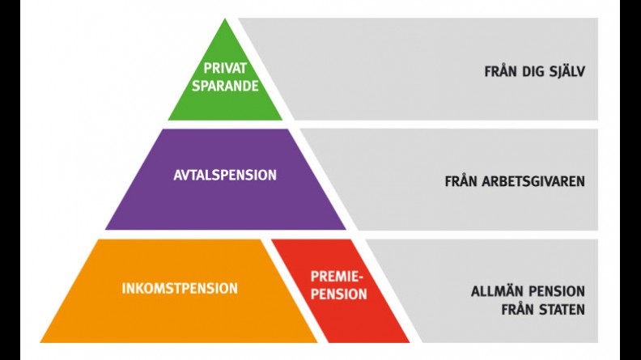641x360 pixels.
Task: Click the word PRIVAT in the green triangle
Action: coord(225,69)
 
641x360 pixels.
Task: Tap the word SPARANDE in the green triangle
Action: coord(225,85)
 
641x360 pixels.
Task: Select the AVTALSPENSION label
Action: coord(225,175)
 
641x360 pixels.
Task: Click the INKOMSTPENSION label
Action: coord(180,288)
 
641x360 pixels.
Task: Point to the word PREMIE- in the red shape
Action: coord(337,277)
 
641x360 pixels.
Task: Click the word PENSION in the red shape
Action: coord(338,294)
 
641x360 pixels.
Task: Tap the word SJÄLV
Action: coord(565,71)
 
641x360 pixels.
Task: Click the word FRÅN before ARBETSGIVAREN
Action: coord(461,181)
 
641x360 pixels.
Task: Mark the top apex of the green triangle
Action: coord(225,20)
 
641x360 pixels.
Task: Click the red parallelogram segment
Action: coord(340,316)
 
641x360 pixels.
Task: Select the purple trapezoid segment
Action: coord(225,202)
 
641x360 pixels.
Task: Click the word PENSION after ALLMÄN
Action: coord(557,291)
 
